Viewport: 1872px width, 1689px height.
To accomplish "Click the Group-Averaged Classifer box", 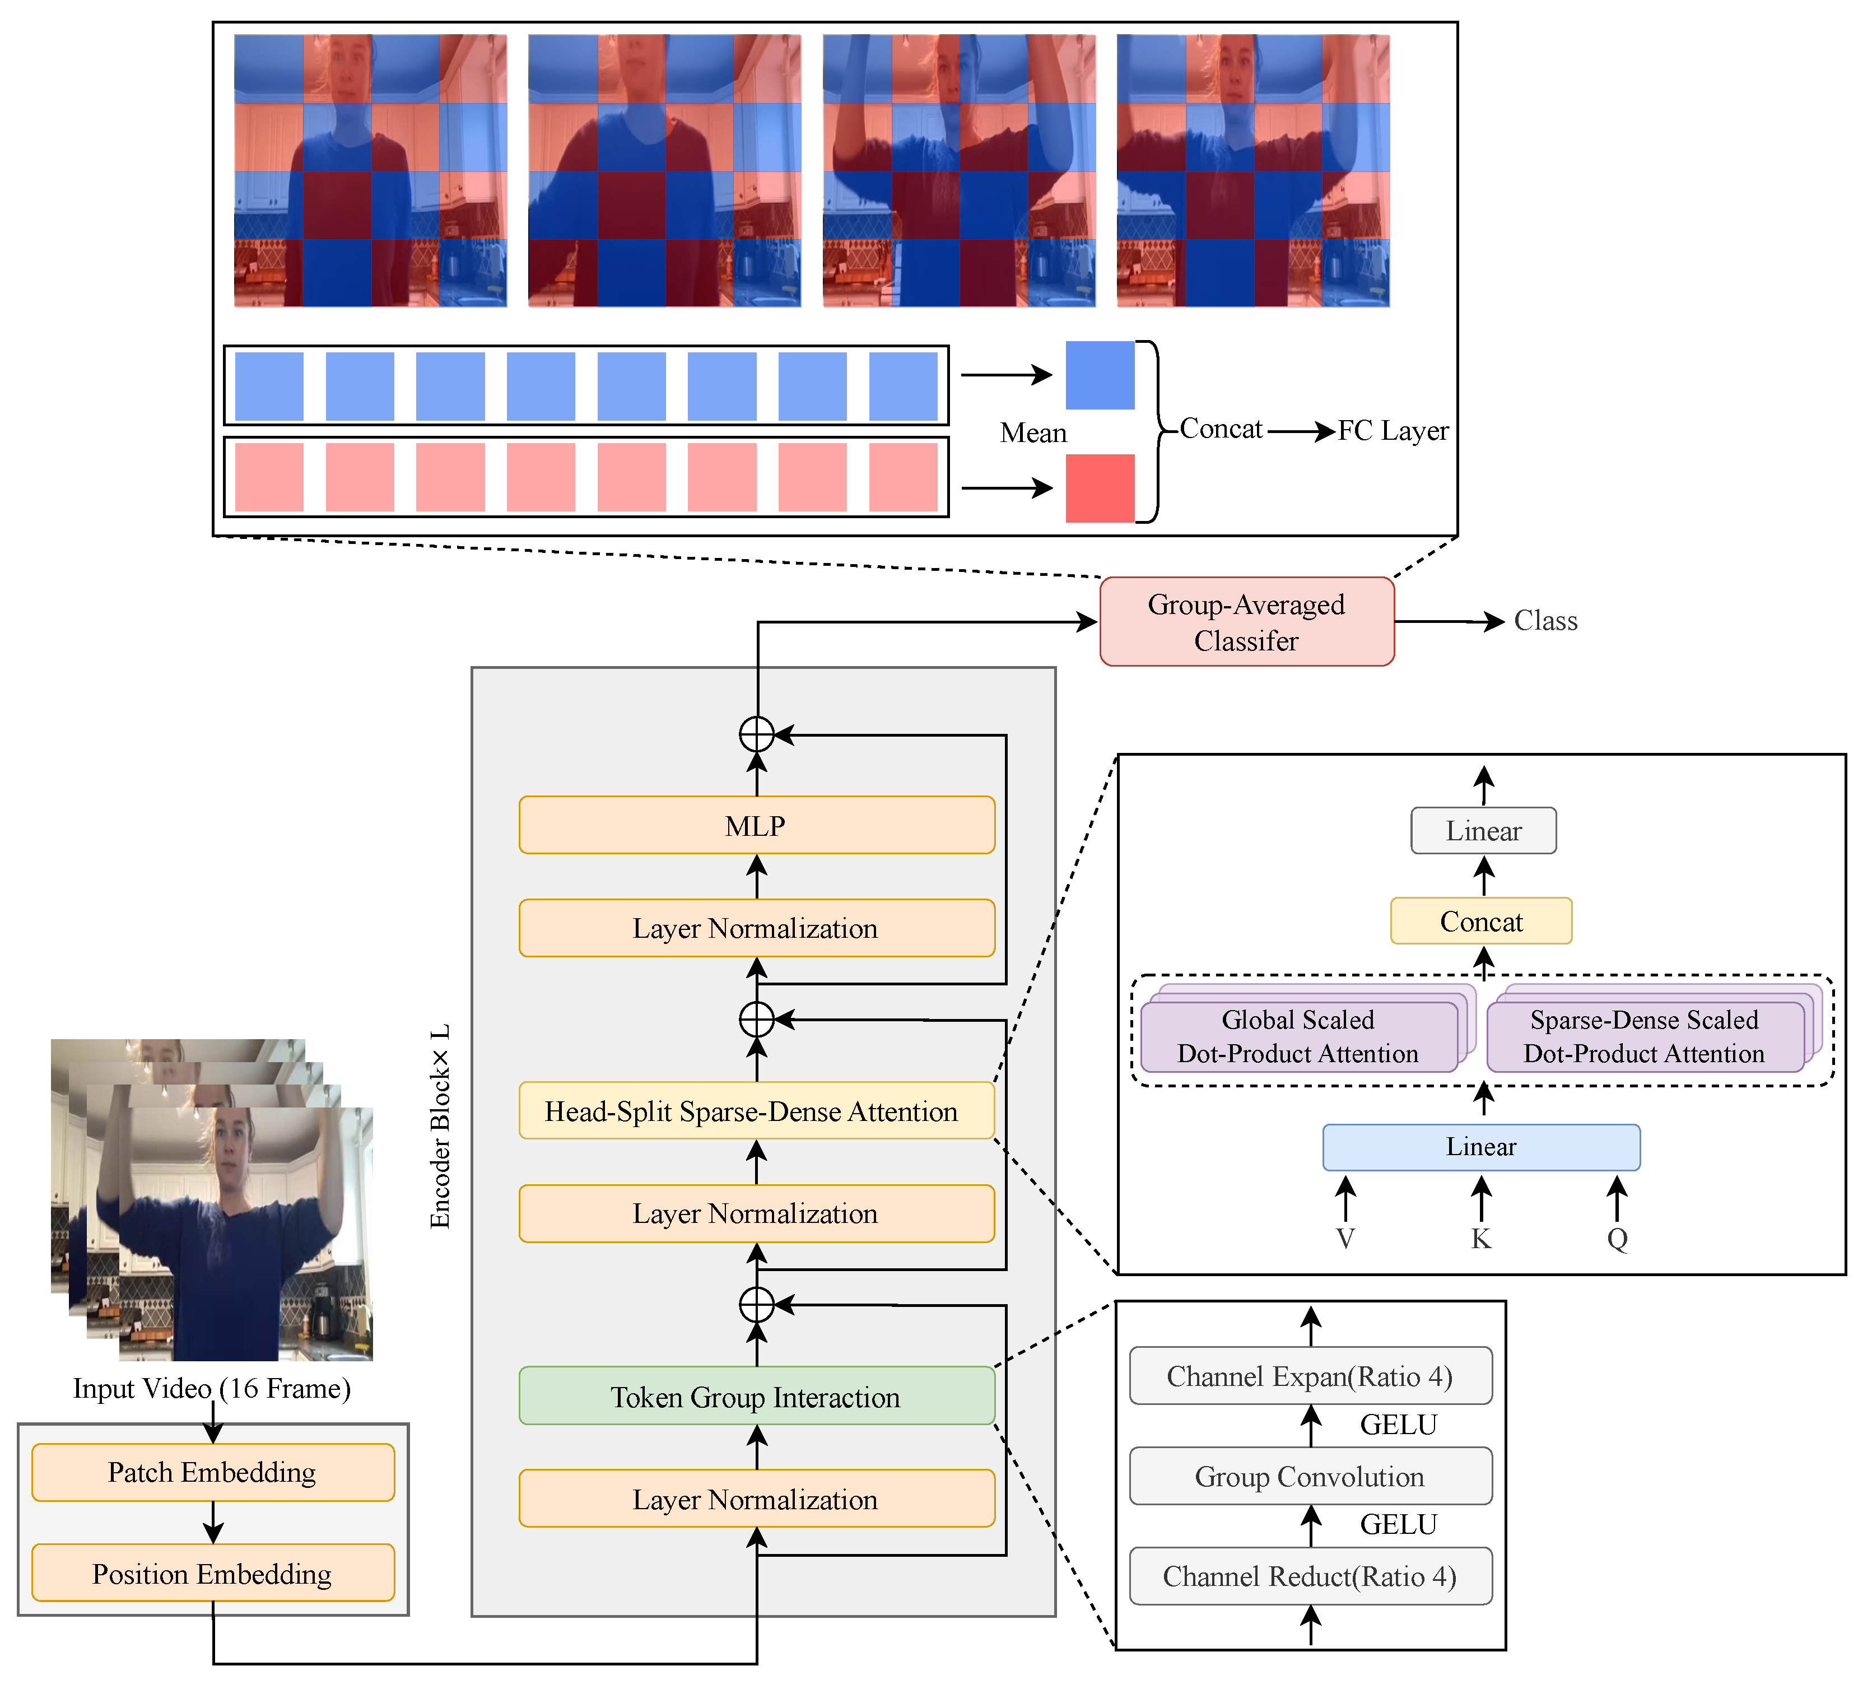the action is pyautogui.click(x=1246, y=621).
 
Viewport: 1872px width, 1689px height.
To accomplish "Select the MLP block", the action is pyautogui.click(x=756, y=825).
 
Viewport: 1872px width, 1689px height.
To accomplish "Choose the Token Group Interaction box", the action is pyautogui.click(x=756, y=1396).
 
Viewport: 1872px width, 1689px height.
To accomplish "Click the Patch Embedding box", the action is pyautogui.click(x=212, y=1472).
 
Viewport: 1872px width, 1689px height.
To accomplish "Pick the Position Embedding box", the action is pyautogui.click(x=212, y=1573).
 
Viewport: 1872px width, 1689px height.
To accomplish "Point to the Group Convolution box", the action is pyautogui.click(x=1311, y=1476).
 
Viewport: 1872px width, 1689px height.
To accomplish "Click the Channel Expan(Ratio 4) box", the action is pyautogui.click(x=1311, y=1375).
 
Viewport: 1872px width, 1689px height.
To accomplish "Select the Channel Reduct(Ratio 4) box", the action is pyautogui.click(x=1311, y=1576).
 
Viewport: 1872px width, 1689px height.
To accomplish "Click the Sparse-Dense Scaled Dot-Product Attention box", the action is pyautogui.click(x=1645, y=1036).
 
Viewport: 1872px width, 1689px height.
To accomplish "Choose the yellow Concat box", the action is pyautogui.click(x=1481, y=920).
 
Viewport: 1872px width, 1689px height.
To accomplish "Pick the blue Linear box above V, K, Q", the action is pyautogui.click(x=1481, y=1147).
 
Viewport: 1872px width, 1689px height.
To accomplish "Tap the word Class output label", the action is pyautogui.click(x=1545, y=621).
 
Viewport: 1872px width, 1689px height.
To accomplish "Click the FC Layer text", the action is pyautogui.click(x=1393, y=431).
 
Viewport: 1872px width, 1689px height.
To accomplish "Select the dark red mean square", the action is pyautogui.click(x=1100, y=488).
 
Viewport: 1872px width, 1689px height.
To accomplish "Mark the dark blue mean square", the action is pyautogui.click(x=1100, y=375).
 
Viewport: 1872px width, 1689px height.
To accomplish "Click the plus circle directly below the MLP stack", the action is pyautogui.click(x=756, y=1019).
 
